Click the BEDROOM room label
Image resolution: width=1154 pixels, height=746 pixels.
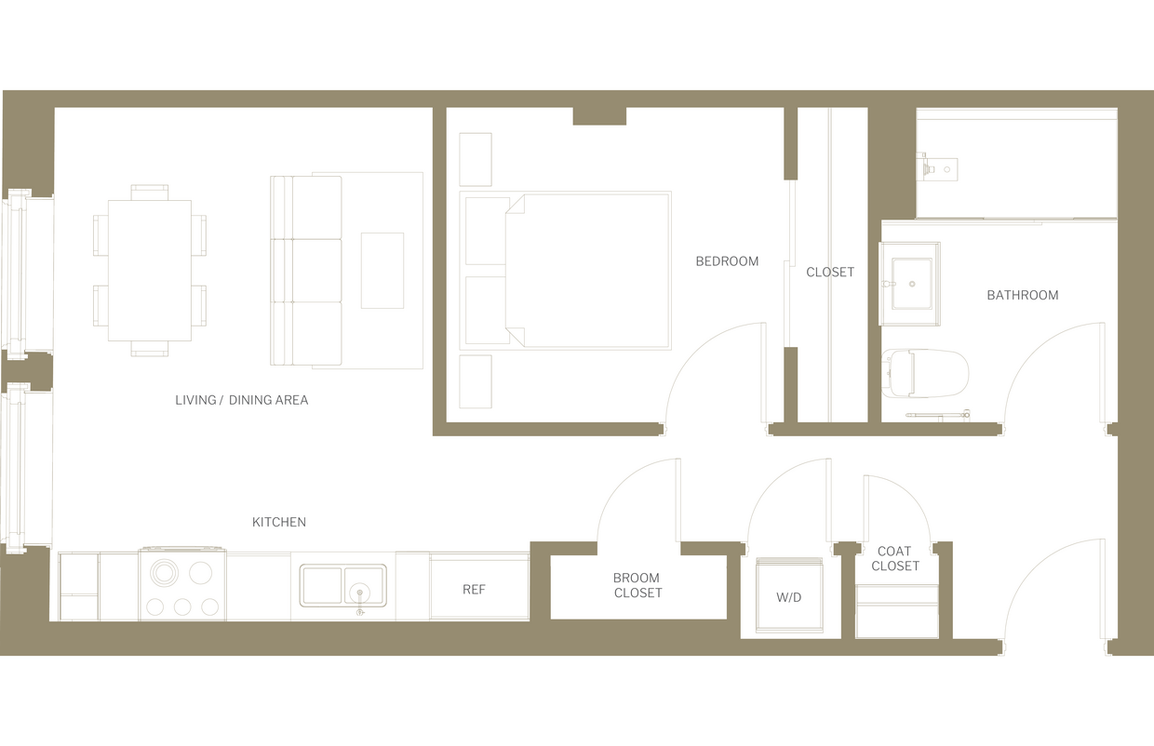[727, 261]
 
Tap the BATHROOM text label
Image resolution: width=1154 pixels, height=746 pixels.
[1022, 295]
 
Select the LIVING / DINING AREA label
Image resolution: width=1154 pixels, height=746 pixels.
[241, 400]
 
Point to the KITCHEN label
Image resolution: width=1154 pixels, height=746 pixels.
[279, 522]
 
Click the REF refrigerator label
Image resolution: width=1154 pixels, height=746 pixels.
[474, 590]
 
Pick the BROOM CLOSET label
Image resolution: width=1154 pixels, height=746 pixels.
[637, 585]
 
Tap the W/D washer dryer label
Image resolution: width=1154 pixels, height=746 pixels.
[788, 597]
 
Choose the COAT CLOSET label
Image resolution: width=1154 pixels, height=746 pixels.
[895, 558]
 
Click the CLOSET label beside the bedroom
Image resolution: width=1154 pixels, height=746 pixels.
[830, 272]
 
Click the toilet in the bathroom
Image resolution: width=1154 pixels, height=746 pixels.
[926, 373]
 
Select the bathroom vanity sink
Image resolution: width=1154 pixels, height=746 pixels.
[909, 284]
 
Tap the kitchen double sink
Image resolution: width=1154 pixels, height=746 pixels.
[342, 586]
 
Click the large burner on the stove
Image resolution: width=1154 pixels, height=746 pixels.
[164, 572]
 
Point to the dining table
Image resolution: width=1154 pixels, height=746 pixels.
[150, 271]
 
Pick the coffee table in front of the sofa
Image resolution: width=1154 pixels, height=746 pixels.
[382, 271]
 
